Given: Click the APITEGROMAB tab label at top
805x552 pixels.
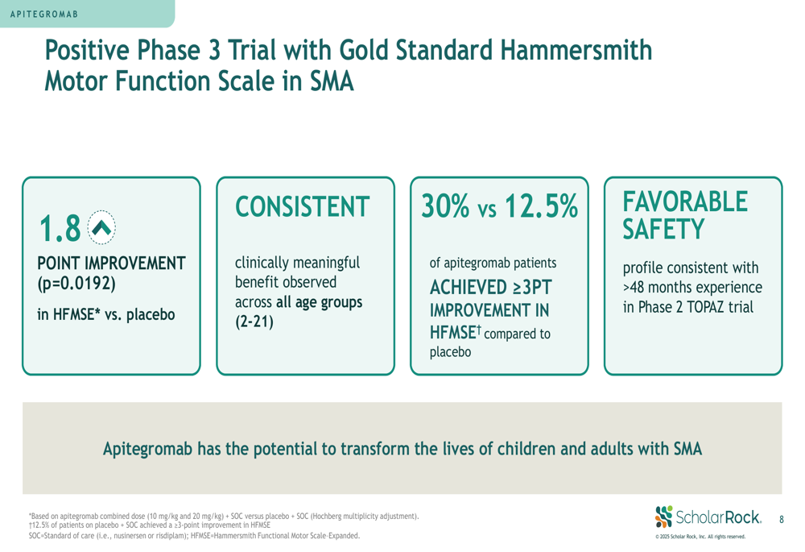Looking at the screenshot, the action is pyautogui.click(x=44, y=14).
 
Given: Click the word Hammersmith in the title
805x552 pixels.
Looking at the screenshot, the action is pyautogui.click(x=576, y=51).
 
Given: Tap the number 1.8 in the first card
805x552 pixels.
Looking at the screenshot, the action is pyautogui.click(x=60, y=228).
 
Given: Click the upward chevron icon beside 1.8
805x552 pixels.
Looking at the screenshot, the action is pyautogui.click(x=101, y=227).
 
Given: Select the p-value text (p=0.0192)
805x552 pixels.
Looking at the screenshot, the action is pyautogui.click(x=76, y=284).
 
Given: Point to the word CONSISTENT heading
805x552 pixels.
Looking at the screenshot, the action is pyautogui.click(x=303, y=206).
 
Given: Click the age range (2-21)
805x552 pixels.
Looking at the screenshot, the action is pyautogui.click(x=254, y=322).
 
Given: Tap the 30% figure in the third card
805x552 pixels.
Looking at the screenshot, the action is pyautogui.click(x=445, y=205).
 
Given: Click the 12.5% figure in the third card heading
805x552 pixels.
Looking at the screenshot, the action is pyautogui.click(x=542, y=205).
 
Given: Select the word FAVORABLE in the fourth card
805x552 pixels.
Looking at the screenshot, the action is pyautogui.click(x=685, y=201).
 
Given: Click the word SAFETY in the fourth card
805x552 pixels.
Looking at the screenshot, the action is pyautogui.click(x=663, y=229).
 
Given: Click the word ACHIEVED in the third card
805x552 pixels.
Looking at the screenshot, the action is pyautogui.click(x=468, y=288).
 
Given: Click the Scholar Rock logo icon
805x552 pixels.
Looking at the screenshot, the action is pyautogui.click(x=664, y=517).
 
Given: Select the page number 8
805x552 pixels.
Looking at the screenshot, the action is pyautogui.click(x=782, y=520).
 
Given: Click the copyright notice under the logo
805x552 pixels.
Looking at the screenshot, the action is pyautogui.click(x=700, y=537).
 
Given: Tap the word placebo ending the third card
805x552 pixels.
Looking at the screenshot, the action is pyautogui.click(x=450, y=353).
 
